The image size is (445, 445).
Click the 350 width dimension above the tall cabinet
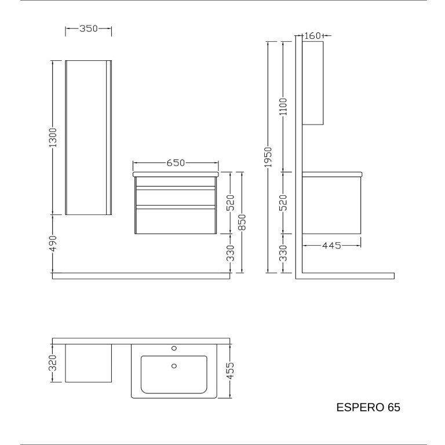click(x=88, y=28)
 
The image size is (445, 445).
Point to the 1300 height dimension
click(x=53, y=138)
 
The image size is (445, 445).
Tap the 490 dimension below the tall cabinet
click(x=53, y=243)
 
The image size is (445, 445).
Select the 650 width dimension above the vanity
click(x=176, y=163)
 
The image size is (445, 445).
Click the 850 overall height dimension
click(x=242, y=222)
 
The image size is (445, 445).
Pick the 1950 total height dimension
click(x=268, y=157)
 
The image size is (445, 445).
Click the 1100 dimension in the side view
click(x=283, y=107)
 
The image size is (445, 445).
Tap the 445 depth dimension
click(x=331, y=246)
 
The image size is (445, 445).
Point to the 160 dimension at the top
click(x=312, y=36)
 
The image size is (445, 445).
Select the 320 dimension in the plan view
click(x=53, y=363)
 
